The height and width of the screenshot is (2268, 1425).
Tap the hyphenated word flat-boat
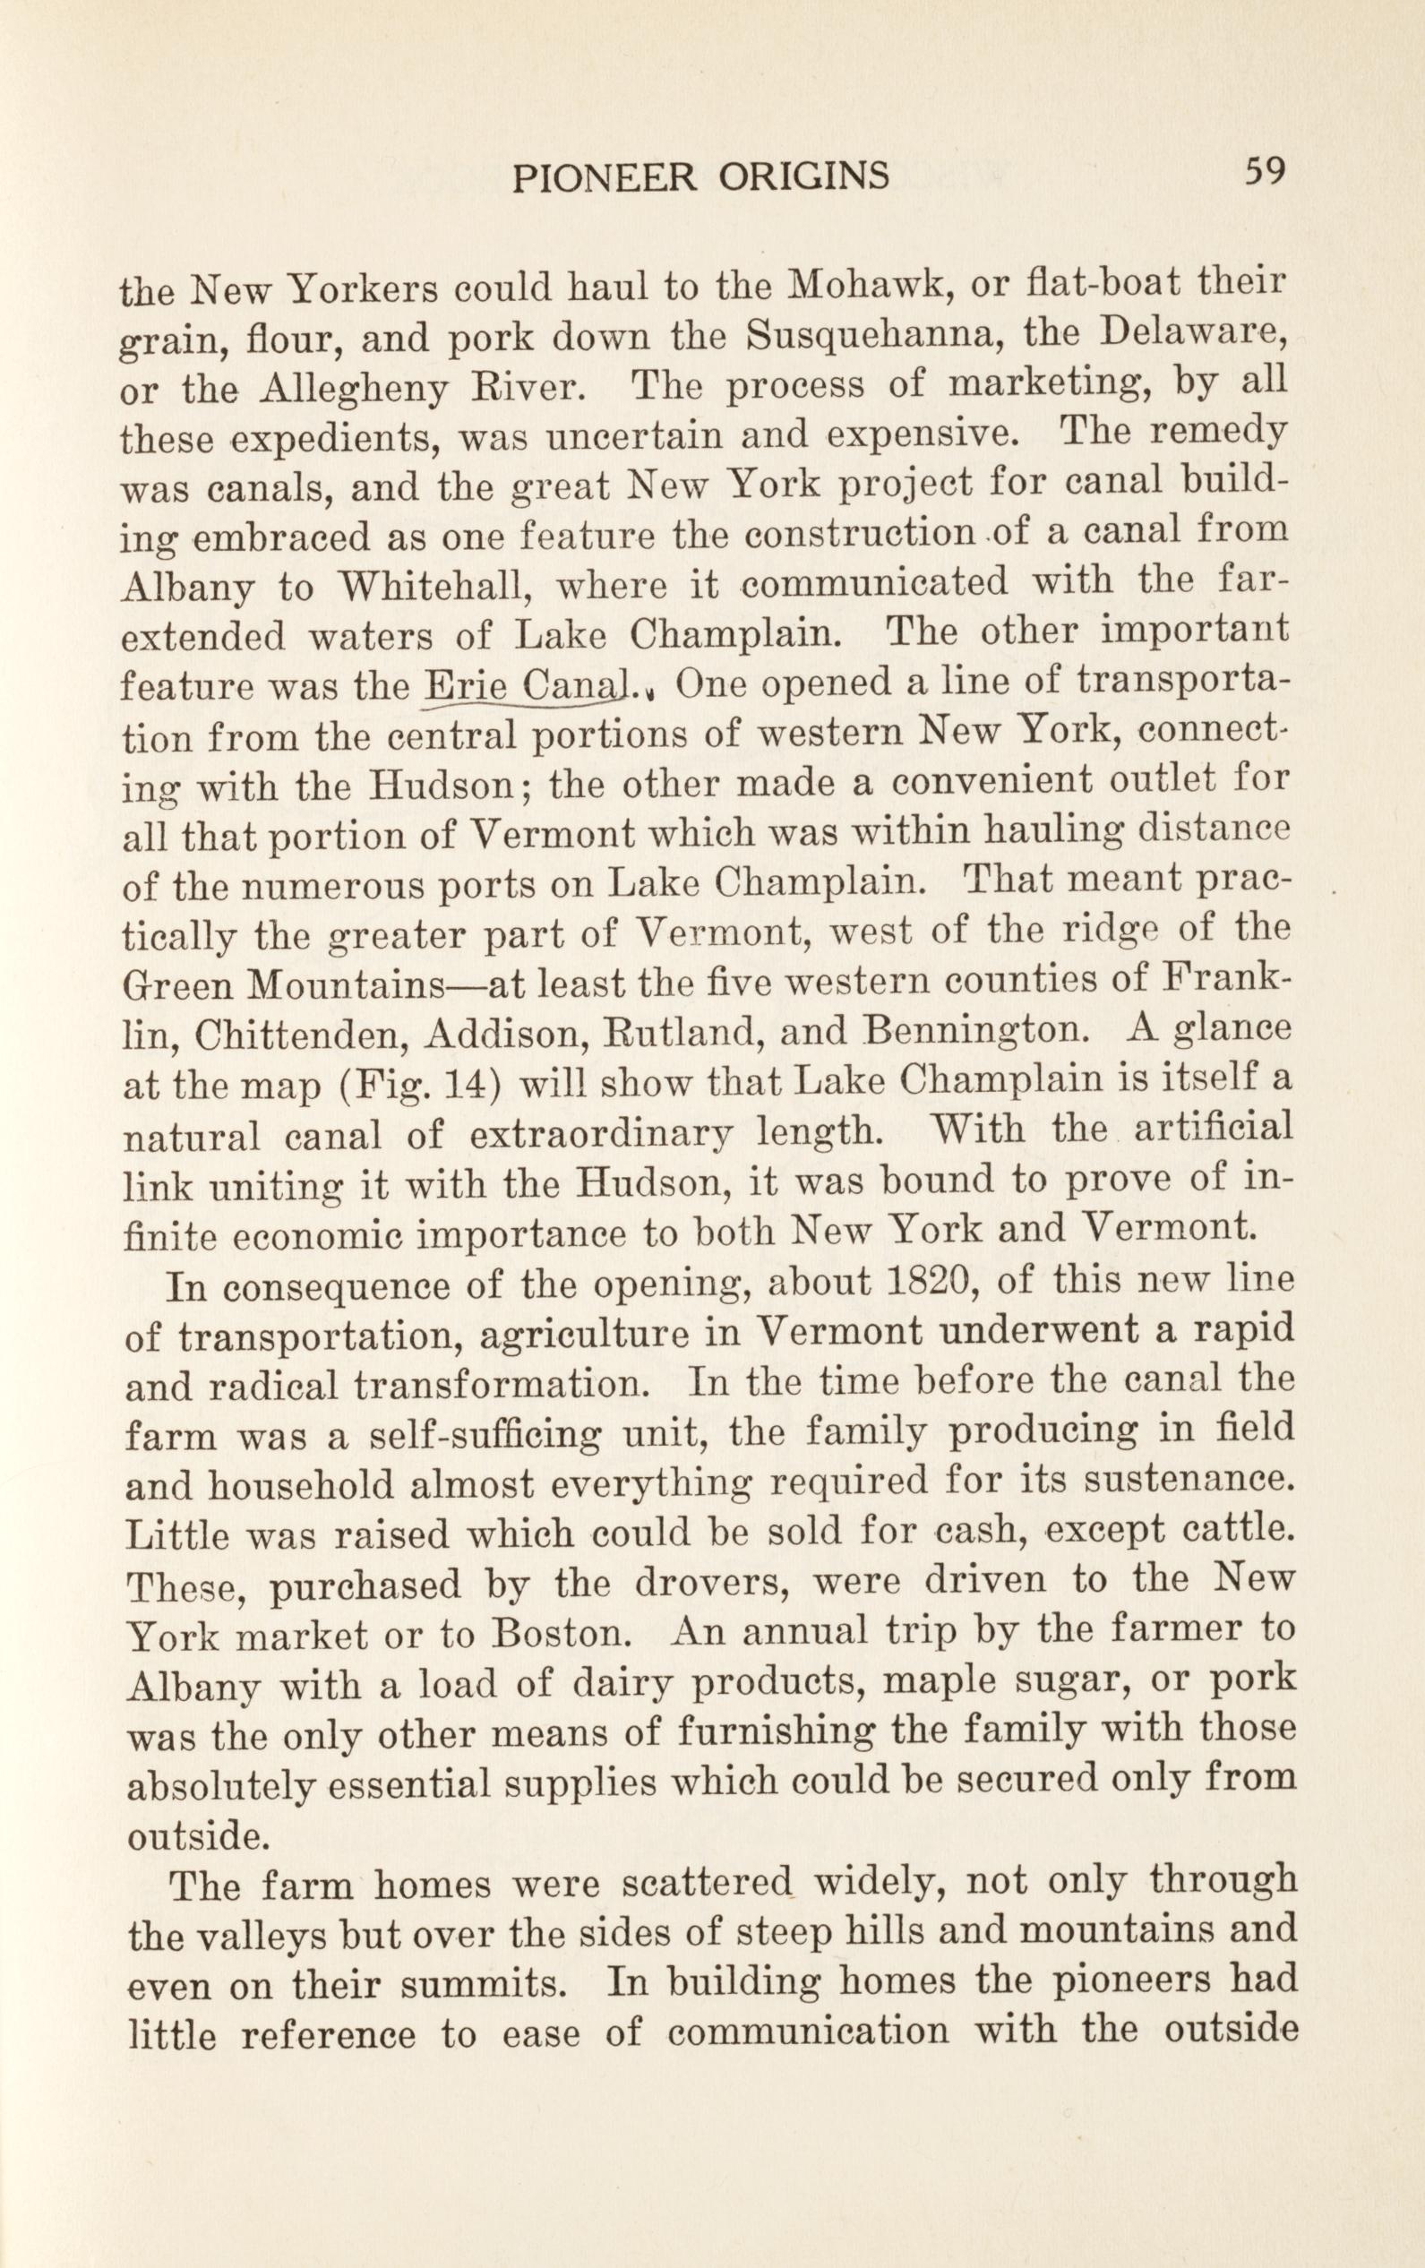point(1086,280)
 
